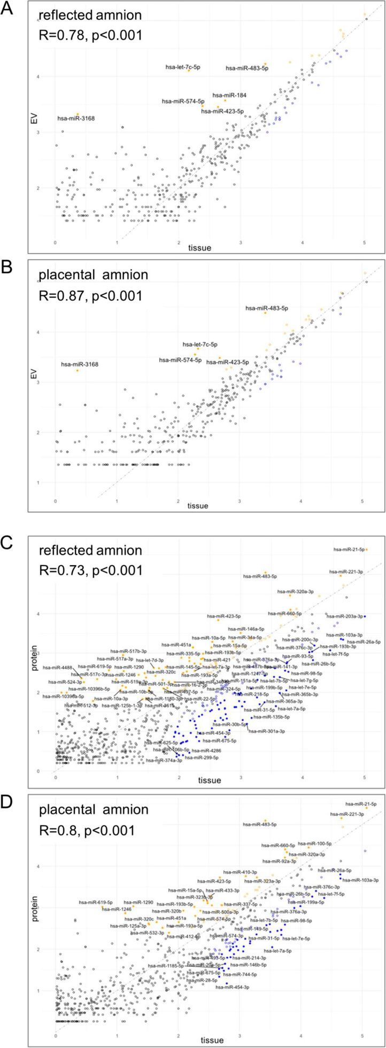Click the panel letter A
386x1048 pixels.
coord(7,10)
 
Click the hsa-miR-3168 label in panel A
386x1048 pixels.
coord(76,118)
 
